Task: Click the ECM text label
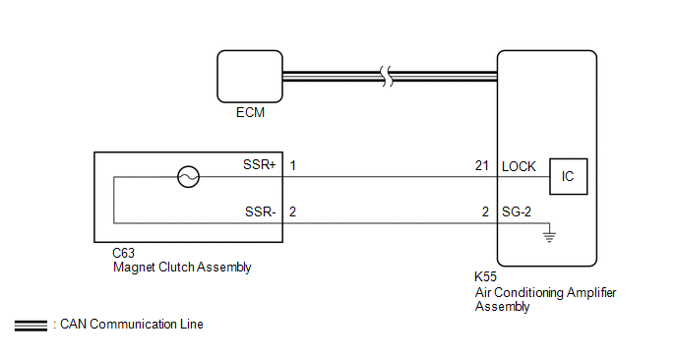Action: pos(250,113)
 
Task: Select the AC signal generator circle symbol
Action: pos(188,176)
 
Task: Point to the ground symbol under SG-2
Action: pos(549,237)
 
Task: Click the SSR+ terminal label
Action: pos(259,165)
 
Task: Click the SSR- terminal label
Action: pos(261,211)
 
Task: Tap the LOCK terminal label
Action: pos(519,166)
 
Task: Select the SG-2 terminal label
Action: pos(517,211)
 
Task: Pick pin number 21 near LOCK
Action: pos(482,166)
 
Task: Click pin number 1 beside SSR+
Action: pos(292,166)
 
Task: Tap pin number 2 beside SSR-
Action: pos(292,211)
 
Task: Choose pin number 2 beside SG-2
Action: pos(485,211)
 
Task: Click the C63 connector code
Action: pos(123,253)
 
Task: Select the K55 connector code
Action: pos(485,276)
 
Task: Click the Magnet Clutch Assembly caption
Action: pos(182,268)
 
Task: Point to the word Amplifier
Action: pos(591,293)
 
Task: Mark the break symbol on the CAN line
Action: pos(388,77)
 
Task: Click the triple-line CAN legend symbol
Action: pos(31,326)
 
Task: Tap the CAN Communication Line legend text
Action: pos(131,325)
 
